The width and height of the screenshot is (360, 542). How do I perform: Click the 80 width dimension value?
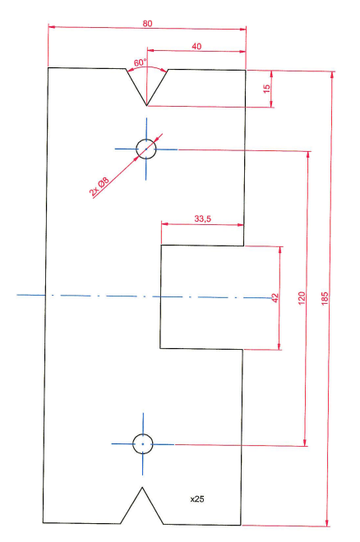[147, 24]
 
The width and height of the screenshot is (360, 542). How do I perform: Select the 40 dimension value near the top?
[196, 46]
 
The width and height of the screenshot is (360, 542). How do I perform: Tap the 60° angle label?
[141, 62]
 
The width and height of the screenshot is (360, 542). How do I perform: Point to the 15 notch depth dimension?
[266, 89]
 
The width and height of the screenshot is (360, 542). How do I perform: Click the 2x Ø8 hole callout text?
[99, 186]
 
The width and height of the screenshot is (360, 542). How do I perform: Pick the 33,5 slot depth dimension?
[203, 218]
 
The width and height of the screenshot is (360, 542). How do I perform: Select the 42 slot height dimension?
[275, 298]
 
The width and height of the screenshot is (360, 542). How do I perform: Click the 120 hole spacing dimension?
[302, 298]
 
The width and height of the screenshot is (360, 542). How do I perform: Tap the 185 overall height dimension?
[325, 298]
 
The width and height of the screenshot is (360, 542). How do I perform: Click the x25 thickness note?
[197, 498]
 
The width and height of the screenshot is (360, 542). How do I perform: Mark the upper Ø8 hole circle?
[146, 149]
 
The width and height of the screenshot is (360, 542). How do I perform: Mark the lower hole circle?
[142, 443]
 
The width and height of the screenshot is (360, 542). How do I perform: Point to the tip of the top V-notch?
[146, 105]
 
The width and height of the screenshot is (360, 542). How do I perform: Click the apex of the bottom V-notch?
[142, 487]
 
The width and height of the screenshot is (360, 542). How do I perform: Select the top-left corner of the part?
[48, 67]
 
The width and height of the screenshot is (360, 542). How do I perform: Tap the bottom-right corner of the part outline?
[241, 525]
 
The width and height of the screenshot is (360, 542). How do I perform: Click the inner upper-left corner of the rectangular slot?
[161, 246]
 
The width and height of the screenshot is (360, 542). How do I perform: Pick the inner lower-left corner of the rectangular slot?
[160, 347]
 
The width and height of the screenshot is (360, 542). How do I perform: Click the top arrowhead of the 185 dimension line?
[332, 75]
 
